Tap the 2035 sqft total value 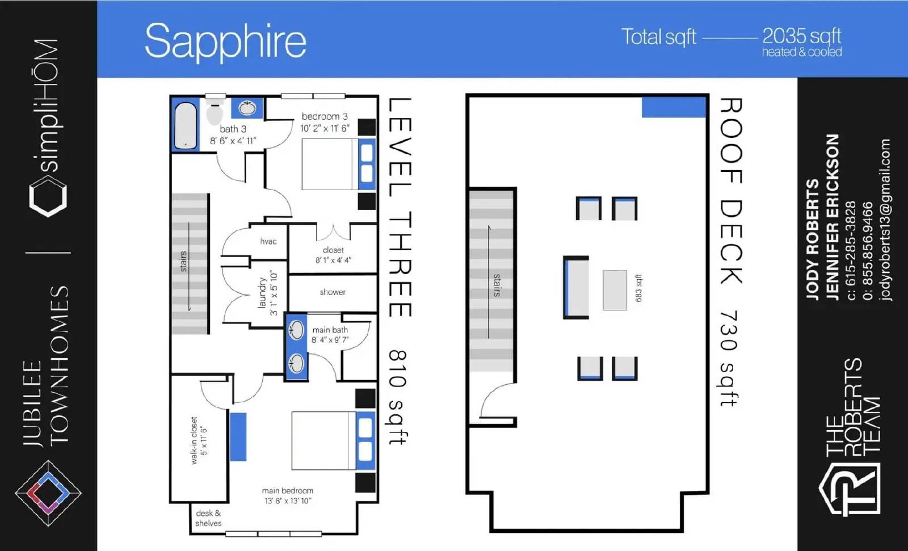[801, 36]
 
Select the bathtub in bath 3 [186, 126]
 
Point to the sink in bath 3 [247, 108]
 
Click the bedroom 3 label [325, 116]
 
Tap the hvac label [268, 242]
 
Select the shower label [333, 292]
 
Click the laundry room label [262, 293]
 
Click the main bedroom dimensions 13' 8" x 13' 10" [288, 500]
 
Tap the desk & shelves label [208, 518]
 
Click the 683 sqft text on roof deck [638, 288]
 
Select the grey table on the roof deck [615, 291]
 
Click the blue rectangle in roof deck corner [674, 107]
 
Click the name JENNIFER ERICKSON [832, 217]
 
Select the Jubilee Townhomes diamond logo [48, 493]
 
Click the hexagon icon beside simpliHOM [48, 197]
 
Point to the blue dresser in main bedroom [238, 437]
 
